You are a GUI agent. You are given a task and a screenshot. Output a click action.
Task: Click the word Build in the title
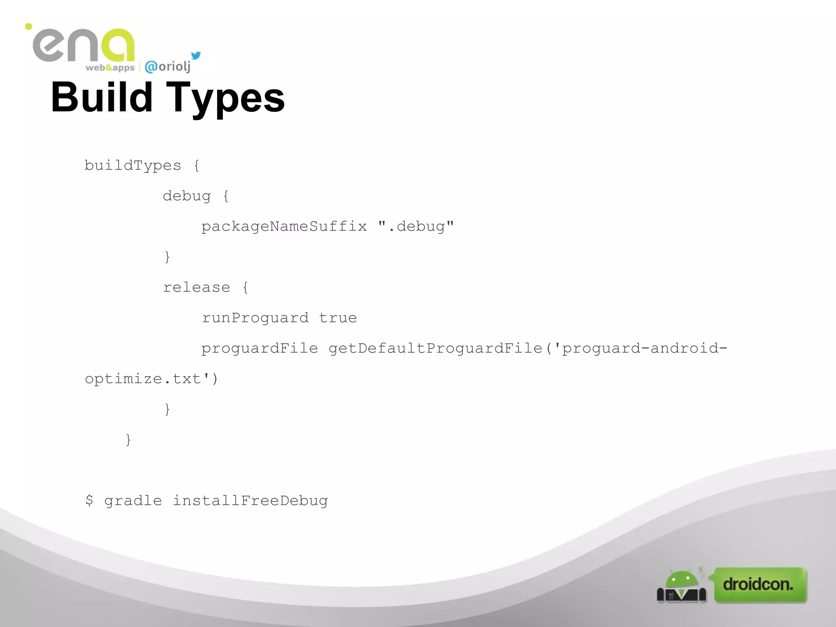click(x=102, y=97)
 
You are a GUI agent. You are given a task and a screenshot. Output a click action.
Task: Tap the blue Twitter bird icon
click(x=196, y=56)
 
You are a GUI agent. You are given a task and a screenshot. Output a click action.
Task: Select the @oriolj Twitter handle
click(x=168, y=66)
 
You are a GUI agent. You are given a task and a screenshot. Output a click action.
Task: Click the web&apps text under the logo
click(x=110, y=68)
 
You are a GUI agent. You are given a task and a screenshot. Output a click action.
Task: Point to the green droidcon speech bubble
click(x=759, y=584)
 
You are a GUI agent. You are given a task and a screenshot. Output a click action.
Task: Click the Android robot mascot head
click(x=681, y=579)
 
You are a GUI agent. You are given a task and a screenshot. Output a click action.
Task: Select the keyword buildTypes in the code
click(x=133, y=166)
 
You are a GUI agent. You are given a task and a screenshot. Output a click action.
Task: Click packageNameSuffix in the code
click(x=284, y=227)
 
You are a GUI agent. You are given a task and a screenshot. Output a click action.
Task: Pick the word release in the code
click(x=197, y=287)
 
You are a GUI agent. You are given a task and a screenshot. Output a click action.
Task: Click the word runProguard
click(x=256, y=318)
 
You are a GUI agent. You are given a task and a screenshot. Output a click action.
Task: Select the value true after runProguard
click(x=338, y=318)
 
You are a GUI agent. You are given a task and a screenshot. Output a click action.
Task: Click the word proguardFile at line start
click(x=260, y=349)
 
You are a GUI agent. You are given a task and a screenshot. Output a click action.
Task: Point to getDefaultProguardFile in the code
click(x=436, y=348)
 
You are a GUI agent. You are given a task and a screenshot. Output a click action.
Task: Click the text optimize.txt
click(x=143, y=379)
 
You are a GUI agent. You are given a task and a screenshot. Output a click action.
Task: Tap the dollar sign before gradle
click(x=89, y=500)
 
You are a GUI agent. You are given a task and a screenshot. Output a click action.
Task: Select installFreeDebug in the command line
click(x=250, y=501)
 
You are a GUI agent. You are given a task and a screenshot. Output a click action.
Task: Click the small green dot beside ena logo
click(x=29, y=27)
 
